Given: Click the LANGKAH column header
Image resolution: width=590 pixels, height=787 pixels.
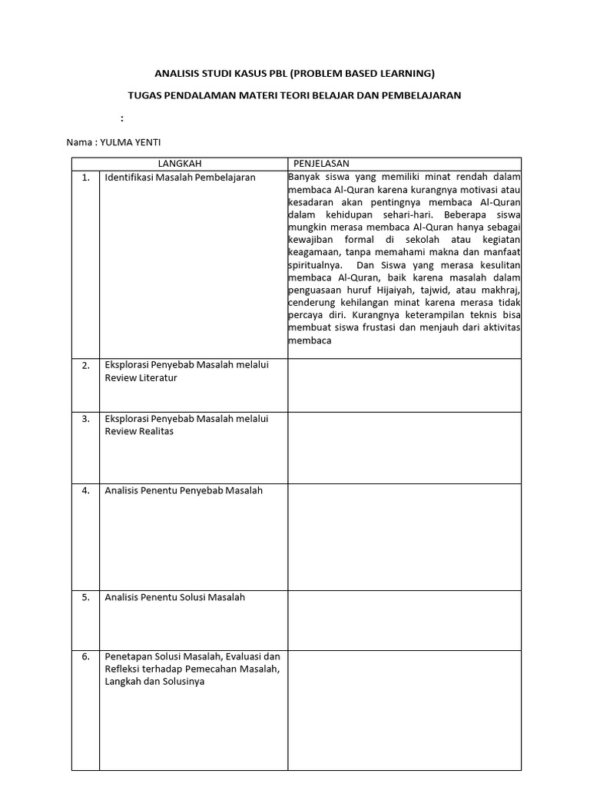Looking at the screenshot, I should point(180,164).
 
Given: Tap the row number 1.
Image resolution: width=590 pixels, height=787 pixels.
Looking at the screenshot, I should point(86,178).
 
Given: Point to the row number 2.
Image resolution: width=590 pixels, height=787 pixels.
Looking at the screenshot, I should point(86,366).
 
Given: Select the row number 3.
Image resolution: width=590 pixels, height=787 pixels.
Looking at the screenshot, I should point(86,420).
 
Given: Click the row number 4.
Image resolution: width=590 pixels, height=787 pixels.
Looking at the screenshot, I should point(86,490).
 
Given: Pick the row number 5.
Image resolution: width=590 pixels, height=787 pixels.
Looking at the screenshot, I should point(86,597).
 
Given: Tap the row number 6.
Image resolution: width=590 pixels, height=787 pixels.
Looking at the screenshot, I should point(86,657).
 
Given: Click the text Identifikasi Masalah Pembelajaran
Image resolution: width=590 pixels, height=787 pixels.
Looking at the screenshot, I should point(180,178).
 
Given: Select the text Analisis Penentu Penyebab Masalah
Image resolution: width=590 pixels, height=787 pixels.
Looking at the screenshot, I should point(184,490).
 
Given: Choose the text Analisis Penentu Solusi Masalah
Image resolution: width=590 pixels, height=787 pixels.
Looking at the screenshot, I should point(175,597).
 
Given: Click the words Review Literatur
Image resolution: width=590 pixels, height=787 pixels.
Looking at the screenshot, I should point(141,378).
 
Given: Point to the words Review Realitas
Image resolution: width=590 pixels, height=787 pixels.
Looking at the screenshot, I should point(139,431).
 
